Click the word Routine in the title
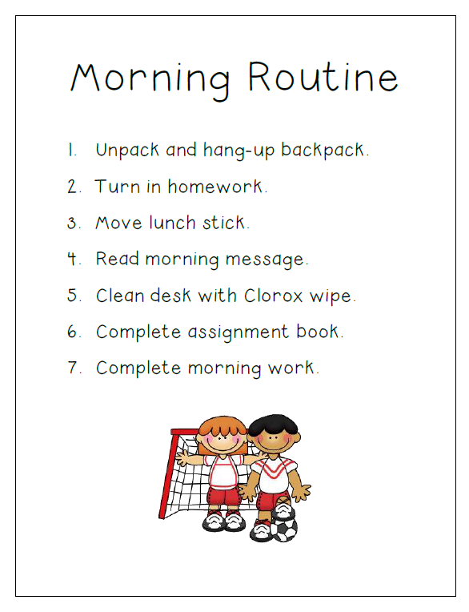323,79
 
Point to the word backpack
323,151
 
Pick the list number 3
73,223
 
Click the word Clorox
265,296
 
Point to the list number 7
74,368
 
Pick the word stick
225,223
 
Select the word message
263,260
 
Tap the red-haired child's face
222,439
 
